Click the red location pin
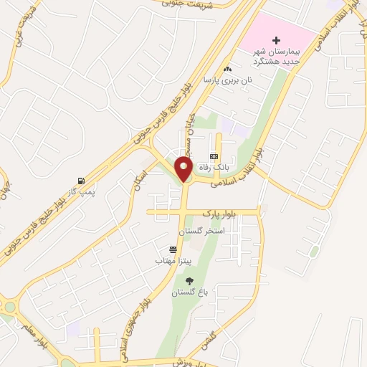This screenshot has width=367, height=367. pos(183,171)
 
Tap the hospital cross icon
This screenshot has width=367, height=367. pos(277,40)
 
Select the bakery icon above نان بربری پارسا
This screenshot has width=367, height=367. pos(228,69)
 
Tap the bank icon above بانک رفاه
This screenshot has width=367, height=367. pos(213,156)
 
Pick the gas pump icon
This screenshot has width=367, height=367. pos(80,181)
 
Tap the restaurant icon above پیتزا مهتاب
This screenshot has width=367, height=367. pos(173,249)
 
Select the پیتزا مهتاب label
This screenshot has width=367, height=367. pos(171,261)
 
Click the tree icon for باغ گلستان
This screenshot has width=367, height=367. pos(189,282)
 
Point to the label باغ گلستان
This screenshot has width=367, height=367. pos(189,293)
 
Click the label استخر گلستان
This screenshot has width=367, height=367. pos(206,231)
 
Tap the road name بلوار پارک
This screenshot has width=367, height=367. pos(219,214)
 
